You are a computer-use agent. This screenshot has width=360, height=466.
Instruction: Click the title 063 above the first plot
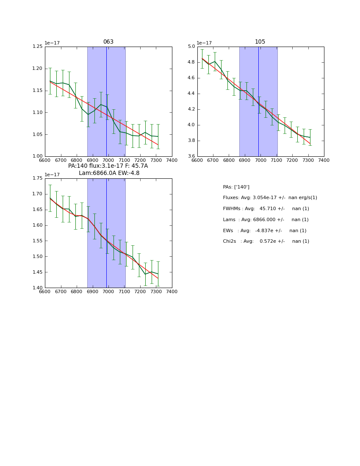coord(108,42)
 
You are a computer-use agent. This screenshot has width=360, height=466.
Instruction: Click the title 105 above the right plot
coord(260,42)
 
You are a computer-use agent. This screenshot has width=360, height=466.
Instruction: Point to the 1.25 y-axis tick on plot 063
coord(38,47)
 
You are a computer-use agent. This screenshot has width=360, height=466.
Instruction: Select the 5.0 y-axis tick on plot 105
coord(191,47)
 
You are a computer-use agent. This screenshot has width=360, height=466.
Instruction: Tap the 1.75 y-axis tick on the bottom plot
coord(38,178)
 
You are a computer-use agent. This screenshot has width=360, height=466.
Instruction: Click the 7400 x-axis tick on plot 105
coord(324,160)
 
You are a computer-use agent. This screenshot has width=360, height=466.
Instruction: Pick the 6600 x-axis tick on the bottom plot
coord(45,292)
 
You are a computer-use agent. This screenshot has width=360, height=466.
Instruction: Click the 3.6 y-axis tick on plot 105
coord(191,156)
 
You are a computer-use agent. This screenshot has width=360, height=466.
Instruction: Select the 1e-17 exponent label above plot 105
coord(204,43)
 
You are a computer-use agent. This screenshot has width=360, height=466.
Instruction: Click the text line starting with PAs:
coord(236,187)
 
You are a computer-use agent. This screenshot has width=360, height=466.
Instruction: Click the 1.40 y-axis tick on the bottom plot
coord(38,288)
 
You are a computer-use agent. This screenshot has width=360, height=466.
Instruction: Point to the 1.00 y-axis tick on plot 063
coord(38,156)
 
